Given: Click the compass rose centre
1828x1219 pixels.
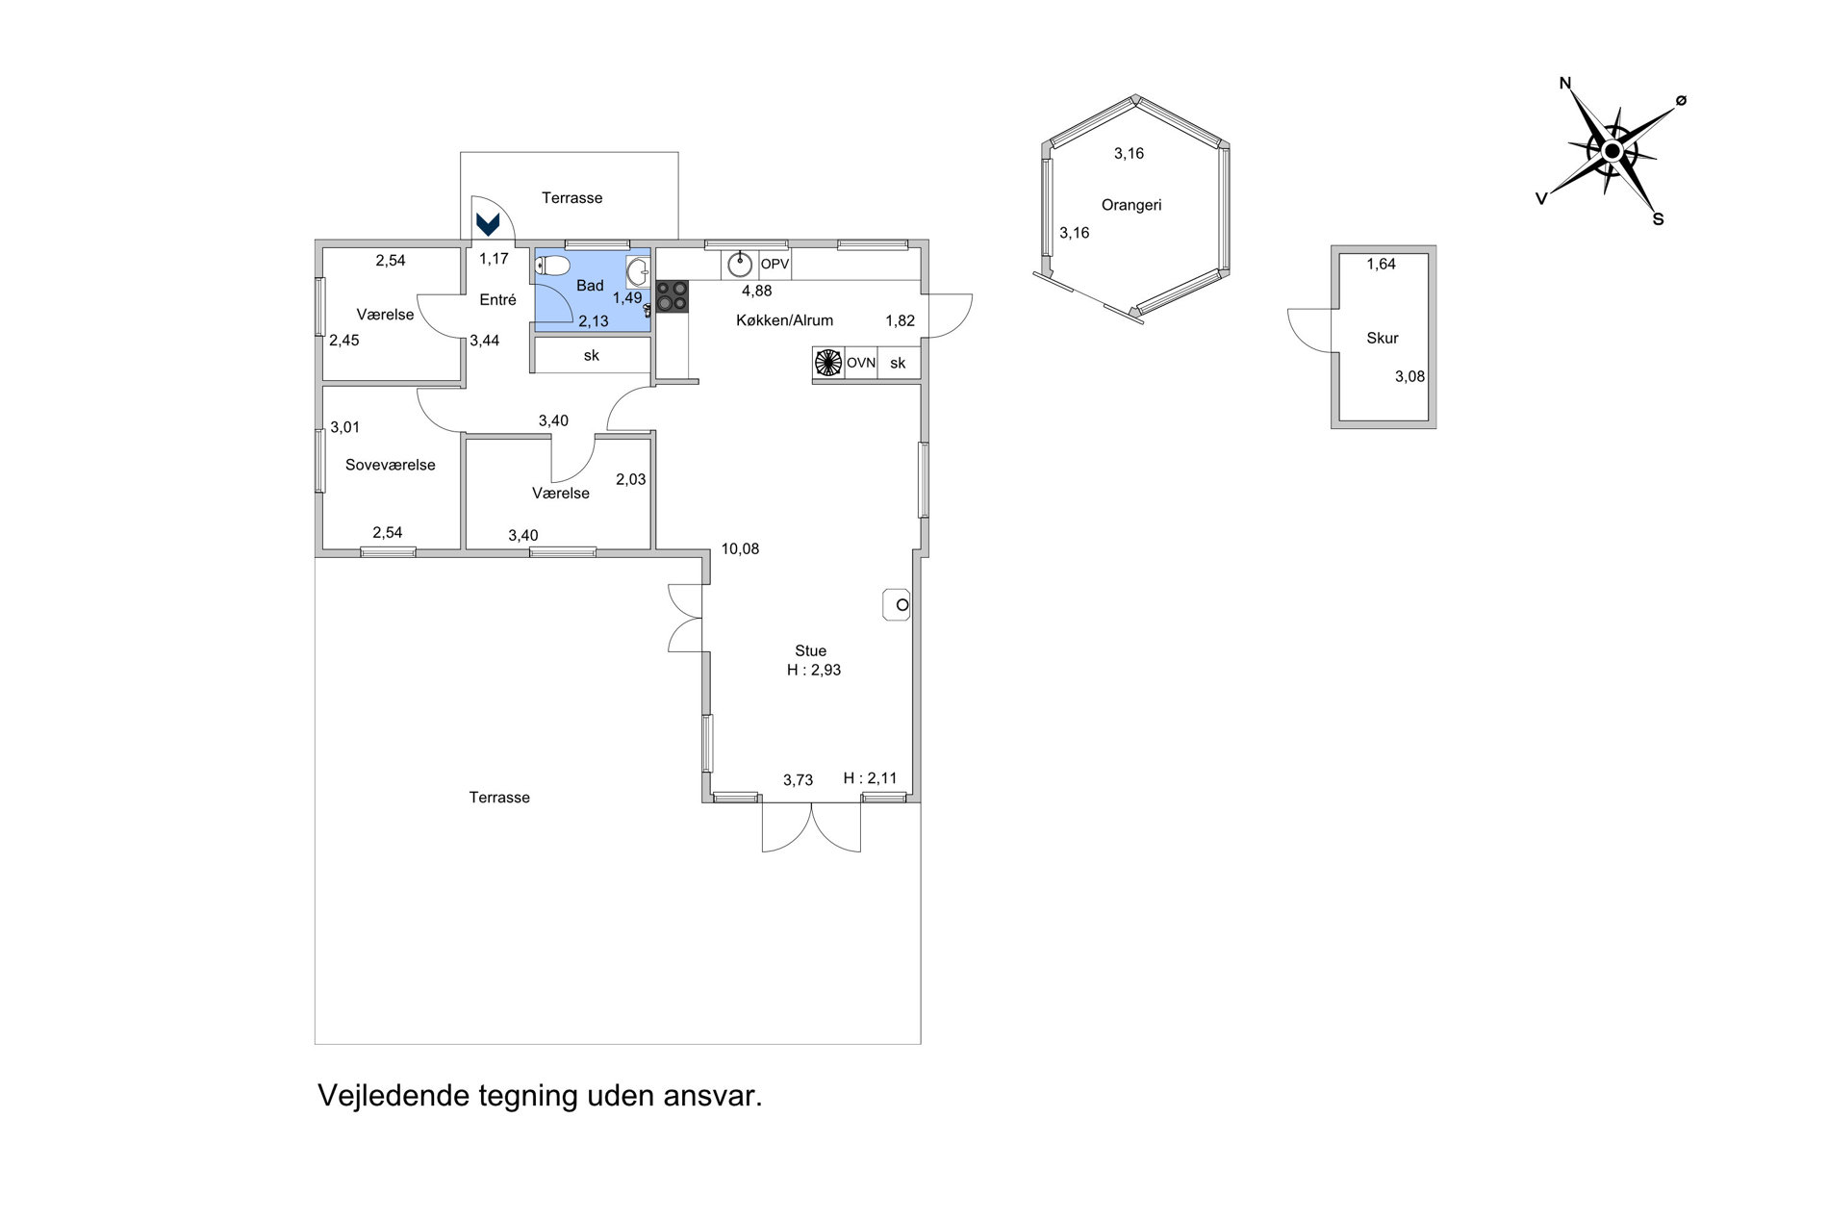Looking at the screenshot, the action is click(1612, 150).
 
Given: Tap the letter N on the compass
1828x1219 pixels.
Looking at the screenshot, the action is click(1564, 84).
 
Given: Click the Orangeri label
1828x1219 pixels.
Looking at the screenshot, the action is click(1131, 205).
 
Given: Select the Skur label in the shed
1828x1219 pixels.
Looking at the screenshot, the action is click(1383, 338).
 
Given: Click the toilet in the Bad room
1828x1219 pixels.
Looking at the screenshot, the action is click(553, 266).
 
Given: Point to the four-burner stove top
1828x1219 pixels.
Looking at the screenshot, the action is click(673, 295).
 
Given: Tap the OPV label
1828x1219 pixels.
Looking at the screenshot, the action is click(774, 264).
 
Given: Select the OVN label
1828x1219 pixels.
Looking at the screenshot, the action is click(861, 363).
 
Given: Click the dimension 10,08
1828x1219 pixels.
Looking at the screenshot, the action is click(740, 549).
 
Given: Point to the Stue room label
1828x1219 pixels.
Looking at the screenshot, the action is click(810, 651).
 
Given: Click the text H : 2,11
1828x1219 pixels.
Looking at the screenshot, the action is click(870, 778).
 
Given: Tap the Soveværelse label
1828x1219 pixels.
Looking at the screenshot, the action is click(391, 465).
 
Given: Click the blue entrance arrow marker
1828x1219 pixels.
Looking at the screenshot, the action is click(488, 225).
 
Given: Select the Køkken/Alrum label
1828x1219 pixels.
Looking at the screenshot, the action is click(784, 320).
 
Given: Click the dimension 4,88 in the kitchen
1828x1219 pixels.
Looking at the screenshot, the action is click(756, 291).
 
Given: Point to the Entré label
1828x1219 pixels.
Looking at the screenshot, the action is click(498, 300).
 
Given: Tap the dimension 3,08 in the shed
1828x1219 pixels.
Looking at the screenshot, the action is click(1409, 377).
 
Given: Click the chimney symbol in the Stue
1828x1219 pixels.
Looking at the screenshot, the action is click(897, 604).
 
